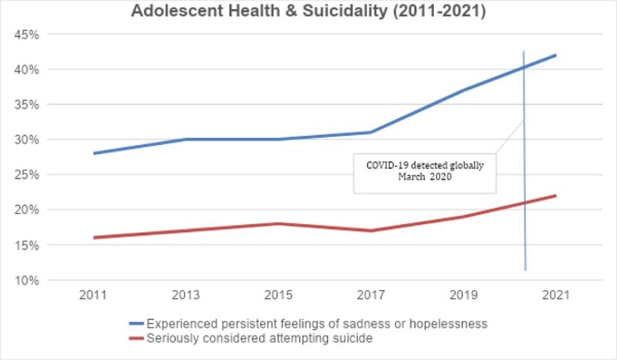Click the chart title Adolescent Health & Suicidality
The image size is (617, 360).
click(x=308, y=12)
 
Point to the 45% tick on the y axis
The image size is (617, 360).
click(x=28, y=35)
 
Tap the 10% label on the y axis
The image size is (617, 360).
click(x=28, y=280)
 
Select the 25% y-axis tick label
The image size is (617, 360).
click(x=28, y=175)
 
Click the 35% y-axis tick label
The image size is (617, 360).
click(x=28, y=105)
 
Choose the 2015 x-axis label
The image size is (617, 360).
click(x=279, y=295)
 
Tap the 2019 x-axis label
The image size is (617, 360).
click(x=464, y=295)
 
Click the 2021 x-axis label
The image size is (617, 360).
click(x=556, y=295)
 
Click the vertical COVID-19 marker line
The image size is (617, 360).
click(x=524, y=231)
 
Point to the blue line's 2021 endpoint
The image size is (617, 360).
click(x=556, y=56)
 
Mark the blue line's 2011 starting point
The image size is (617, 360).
click(x=94, y=153)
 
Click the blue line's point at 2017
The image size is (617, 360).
click(x=372, y=132)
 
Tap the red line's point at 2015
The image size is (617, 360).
click(x=279, y=224)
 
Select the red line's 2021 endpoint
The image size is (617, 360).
click(x=556, y=196)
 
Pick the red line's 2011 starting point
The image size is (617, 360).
click(x=94, y=237)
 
